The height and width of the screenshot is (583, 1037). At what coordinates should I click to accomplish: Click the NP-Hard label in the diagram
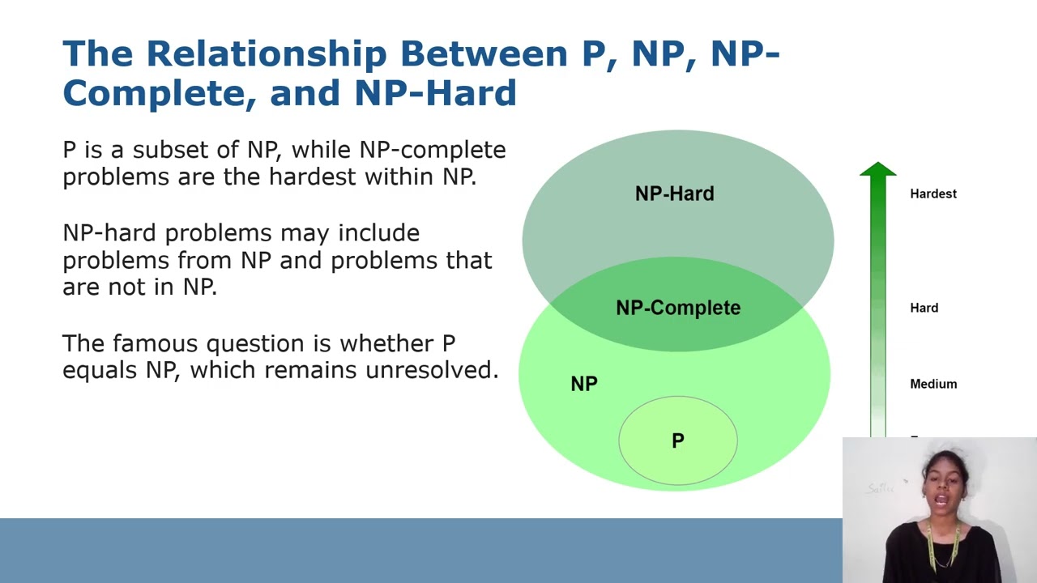click(x=674, y=194)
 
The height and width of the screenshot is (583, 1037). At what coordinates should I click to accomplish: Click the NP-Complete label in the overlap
click(x=678, y=308)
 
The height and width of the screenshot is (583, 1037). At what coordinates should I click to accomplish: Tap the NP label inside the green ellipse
click(x=584, y=384)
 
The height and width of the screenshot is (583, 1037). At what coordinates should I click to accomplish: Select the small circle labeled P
click(x=678, y=440)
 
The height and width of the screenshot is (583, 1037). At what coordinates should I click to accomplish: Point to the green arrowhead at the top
click(x=878, y=169)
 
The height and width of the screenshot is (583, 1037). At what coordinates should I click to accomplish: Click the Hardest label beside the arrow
click(x=933, y=194)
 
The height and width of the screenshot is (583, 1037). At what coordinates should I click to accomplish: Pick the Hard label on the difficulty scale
click(x=924, y=308)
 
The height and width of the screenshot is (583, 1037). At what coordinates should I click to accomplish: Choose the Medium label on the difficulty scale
click(x=933, y=384)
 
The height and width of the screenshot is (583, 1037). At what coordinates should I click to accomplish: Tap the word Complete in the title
click(x=152, y=92)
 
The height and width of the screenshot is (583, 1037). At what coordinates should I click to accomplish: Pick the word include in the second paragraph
click(x=378, y=233)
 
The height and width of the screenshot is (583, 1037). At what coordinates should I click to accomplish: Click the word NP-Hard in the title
click(x=435, y=92)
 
